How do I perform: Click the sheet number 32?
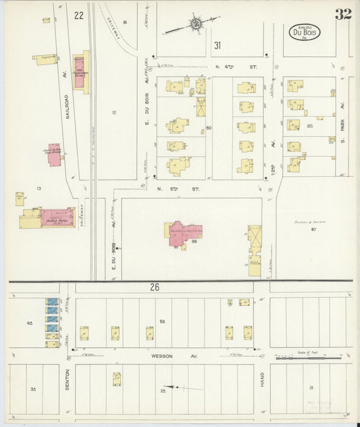coord(342,14)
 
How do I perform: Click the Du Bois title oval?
coord(305,31)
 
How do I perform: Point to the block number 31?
coord(217,45)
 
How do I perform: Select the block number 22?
coord(80,15)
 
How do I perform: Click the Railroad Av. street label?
coord(68,105)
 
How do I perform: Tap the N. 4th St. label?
coord(236,67)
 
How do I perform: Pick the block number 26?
coord(155,287)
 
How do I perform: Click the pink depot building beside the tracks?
coord(54,153)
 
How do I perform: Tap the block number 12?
coord(115,112)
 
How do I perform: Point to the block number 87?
coord(313,230)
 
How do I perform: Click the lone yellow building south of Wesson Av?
coord(117,378)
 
